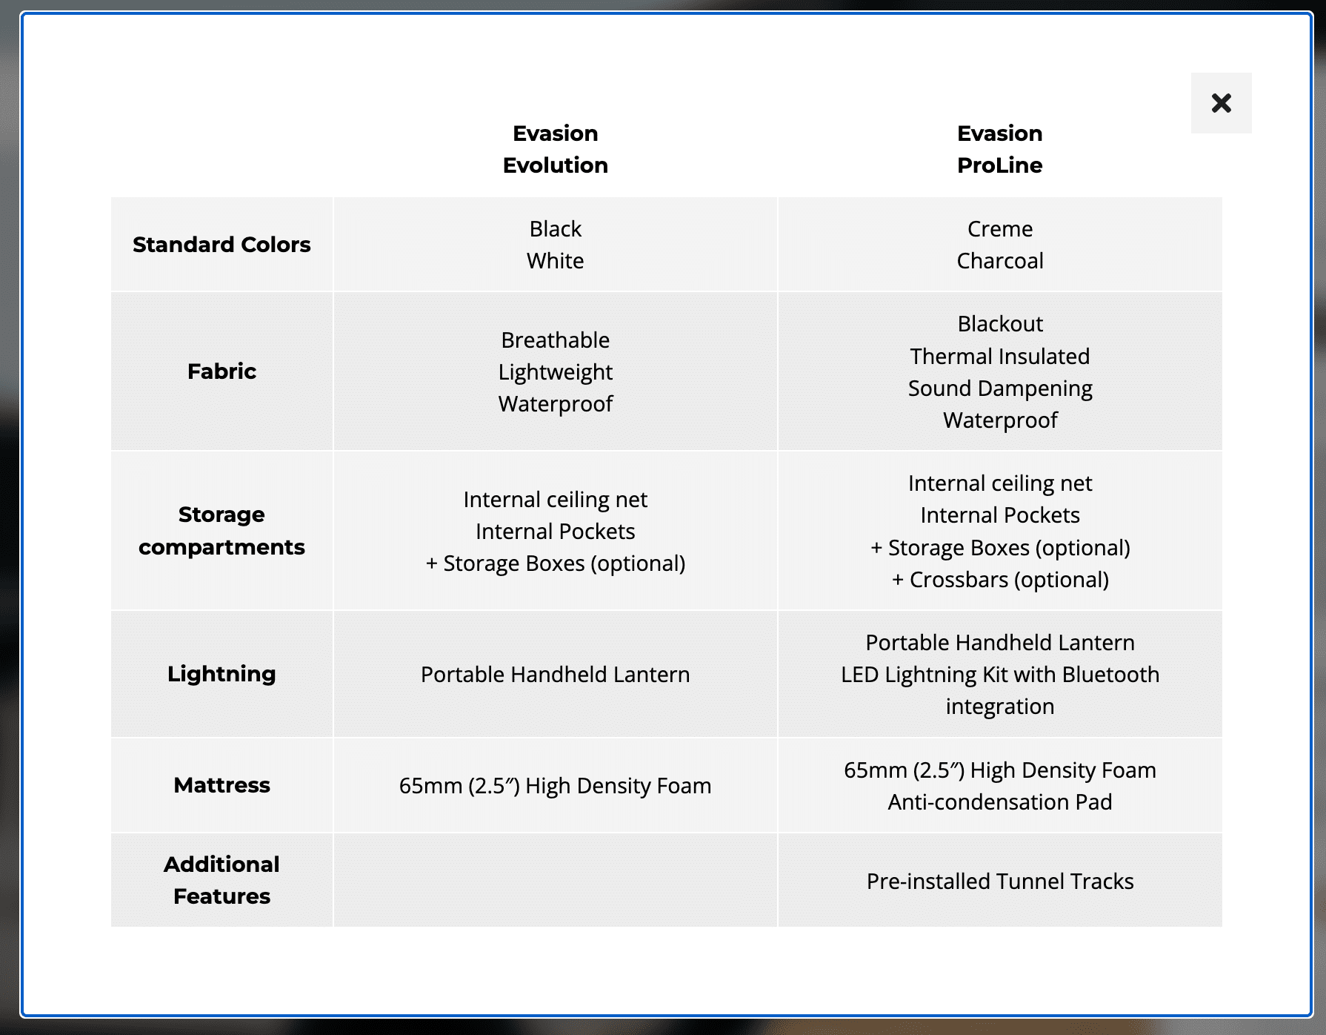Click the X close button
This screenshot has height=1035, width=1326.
coord(1221,103)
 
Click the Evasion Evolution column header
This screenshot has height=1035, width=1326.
coord(555,149)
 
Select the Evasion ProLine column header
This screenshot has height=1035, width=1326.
coord(999,149)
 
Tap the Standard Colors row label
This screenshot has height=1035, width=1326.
coord(221,245)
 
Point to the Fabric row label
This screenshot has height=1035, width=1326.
coord(221,371)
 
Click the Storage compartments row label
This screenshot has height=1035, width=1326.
coord(221,531)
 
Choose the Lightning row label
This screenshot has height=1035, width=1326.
coord(221,674)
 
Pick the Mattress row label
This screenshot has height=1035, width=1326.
coord(221,785)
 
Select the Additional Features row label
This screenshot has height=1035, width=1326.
coord(221,880)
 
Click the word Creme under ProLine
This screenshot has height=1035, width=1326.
coord(999,229)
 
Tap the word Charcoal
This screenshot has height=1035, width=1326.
coord(999,261)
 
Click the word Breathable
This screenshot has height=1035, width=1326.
coord(555,340)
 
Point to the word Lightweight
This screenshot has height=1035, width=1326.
coord(555,372)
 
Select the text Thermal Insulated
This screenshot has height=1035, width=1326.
coord(999,357)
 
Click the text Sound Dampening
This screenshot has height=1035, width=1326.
coord(999,388)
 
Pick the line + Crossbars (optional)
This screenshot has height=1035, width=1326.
coord(999,580)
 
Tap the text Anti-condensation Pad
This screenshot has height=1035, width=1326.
coord(999,802)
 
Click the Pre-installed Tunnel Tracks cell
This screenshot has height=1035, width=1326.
coord(999,882)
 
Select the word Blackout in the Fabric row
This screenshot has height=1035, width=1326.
coord(999,324)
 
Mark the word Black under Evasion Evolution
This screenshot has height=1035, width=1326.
coord(555,229)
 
